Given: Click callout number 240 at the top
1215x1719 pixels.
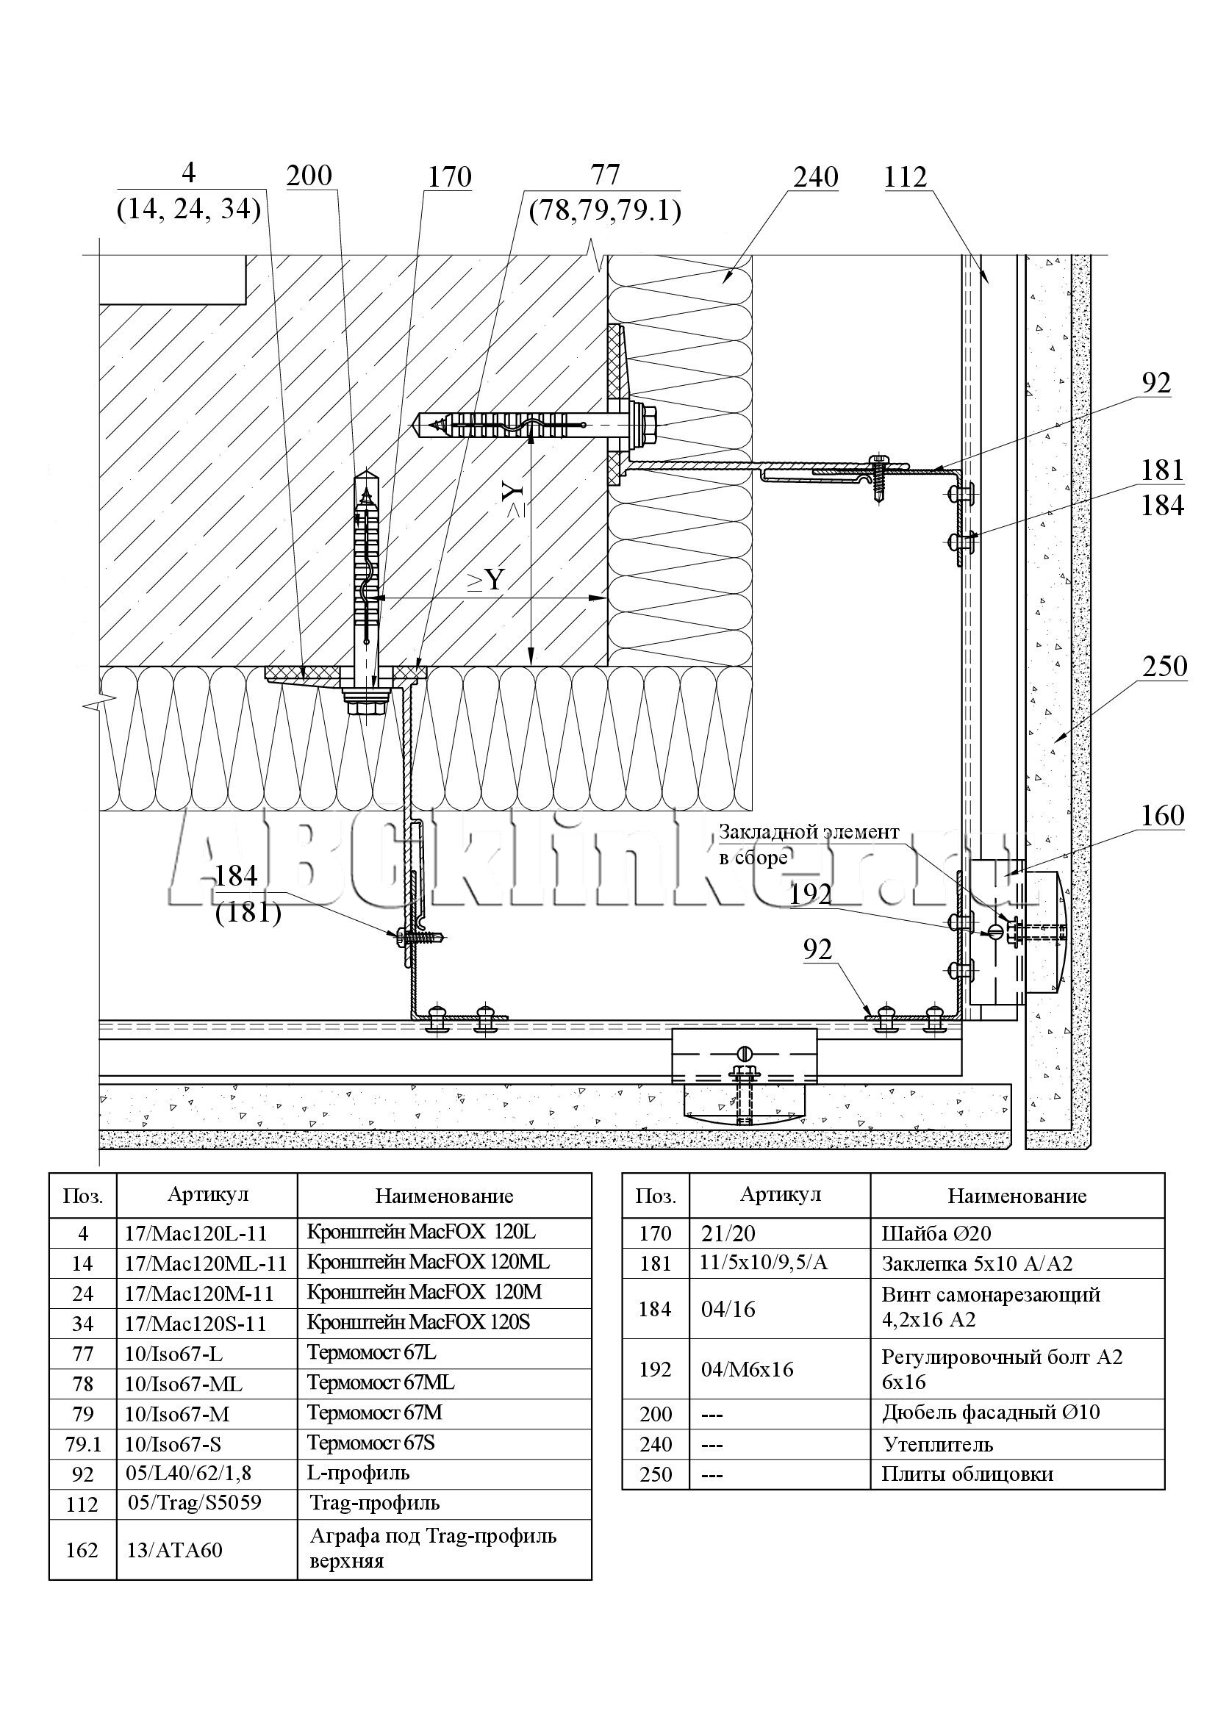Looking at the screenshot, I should tap(815, 177).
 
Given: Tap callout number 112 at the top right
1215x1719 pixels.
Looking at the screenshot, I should tap(905, 177).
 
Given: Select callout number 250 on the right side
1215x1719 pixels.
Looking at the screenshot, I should tap(1164, 666).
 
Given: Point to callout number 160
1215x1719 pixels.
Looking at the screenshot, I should tap(1162, 815).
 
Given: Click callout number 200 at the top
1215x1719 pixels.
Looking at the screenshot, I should tap(309, 175).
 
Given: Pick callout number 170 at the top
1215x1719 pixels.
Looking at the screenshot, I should tap(449, 177).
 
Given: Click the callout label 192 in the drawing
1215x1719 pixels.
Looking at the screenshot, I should tap(811, 894).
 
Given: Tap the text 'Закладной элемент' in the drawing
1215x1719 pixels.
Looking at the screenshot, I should tap(809, 832).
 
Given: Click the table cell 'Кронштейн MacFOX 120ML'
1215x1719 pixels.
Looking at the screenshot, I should tap(429, 1262).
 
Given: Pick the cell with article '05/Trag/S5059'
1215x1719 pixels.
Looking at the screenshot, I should tap(195, 1503).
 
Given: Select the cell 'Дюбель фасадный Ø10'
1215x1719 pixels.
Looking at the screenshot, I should tap(990, 1413).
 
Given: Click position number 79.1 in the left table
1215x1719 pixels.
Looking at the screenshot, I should tap(82, 1443).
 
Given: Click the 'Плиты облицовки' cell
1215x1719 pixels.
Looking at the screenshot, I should tap(967, 1474).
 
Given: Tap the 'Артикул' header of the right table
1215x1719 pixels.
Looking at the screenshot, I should tap(780, 1195).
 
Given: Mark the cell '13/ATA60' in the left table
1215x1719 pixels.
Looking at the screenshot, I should tap(174, 1550).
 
